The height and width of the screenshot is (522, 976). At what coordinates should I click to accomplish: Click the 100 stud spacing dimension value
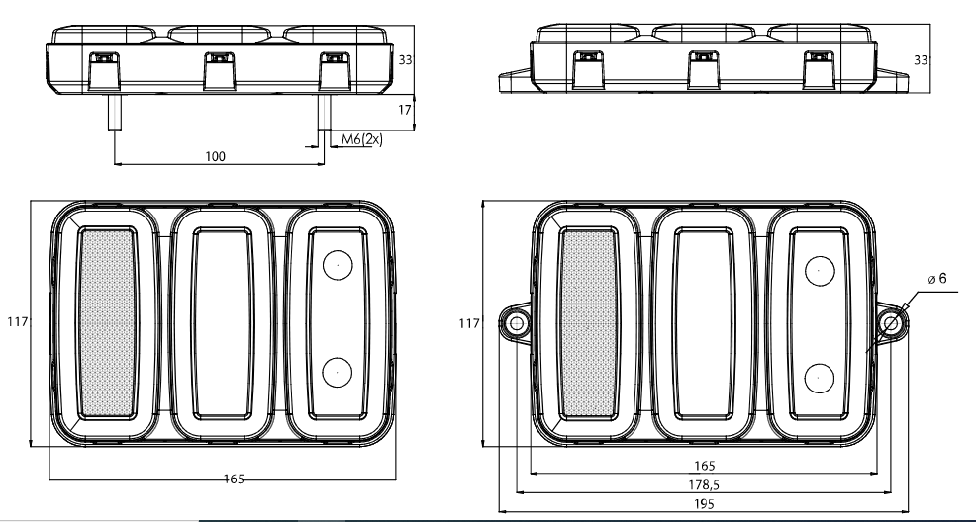tap(215, 156)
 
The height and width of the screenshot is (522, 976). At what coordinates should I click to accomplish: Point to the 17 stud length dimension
tap(404, 112)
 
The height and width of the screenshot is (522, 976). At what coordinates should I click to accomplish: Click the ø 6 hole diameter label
tap(936, 279)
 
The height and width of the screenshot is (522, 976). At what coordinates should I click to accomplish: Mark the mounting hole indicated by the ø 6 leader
tap(891, 323)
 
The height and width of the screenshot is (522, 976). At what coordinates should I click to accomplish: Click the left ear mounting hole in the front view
tap(516, 323)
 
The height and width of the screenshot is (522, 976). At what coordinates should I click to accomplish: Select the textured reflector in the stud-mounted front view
tap(104, 321)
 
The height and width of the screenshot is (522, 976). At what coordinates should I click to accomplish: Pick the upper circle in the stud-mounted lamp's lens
tap(338, 265)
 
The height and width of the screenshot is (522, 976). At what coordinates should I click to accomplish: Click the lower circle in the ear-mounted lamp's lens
tap(820, 377)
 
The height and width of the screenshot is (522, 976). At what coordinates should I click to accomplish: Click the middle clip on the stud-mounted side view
tap(217, 69)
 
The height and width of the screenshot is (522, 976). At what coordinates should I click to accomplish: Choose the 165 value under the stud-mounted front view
tap(234, 479)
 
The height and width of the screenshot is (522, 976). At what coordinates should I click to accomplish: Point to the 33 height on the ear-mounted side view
tap(921, 60)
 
